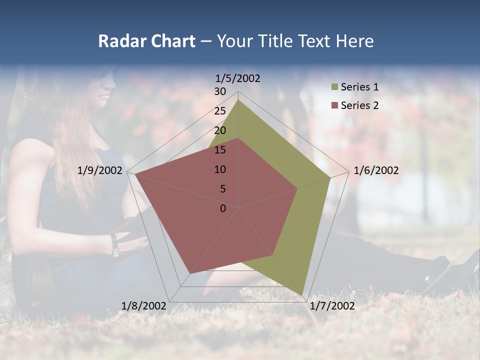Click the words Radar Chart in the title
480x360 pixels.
pos(146,41)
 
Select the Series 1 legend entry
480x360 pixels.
pos(359,87)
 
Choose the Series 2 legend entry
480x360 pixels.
pos(359,105)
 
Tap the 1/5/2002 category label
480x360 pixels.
pos(237,78)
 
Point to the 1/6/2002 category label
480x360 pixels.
pos(376,170)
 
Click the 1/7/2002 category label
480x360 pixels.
pos(332,306)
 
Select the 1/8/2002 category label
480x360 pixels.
pos(144,306)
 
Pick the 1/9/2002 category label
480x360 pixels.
pos(100,170)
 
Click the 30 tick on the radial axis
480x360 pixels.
pos(220,91)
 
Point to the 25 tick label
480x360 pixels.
pos(220,111)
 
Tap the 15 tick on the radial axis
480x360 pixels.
pos(220,150)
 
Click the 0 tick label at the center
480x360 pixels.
pos(223,208)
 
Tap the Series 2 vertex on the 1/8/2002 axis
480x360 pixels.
pos(189,274)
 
